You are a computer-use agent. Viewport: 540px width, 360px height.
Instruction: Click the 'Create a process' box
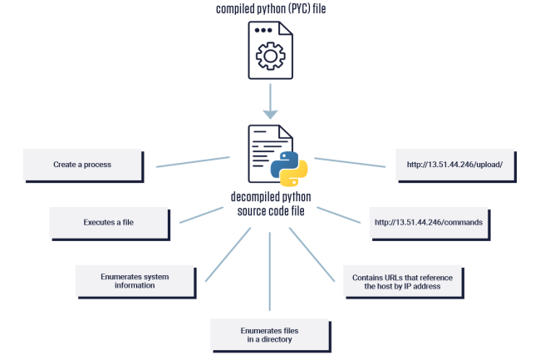[x=84, y=165]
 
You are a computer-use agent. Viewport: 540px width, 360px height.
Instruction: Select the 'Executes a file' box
[x=109, y=223]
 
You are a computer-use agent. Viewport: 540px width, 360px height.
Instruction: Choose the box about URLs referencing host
[x=402, y=281]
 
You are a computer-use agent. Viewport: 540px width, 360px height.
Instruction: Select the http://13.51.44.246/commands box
[x=429, y=222]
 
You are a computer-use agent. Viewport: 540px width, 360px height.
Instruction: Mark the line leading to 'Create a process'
[x=193, y=161]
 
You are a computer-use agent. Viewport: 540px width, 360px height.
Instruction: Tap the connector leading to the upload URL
[x=349, y=161]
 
